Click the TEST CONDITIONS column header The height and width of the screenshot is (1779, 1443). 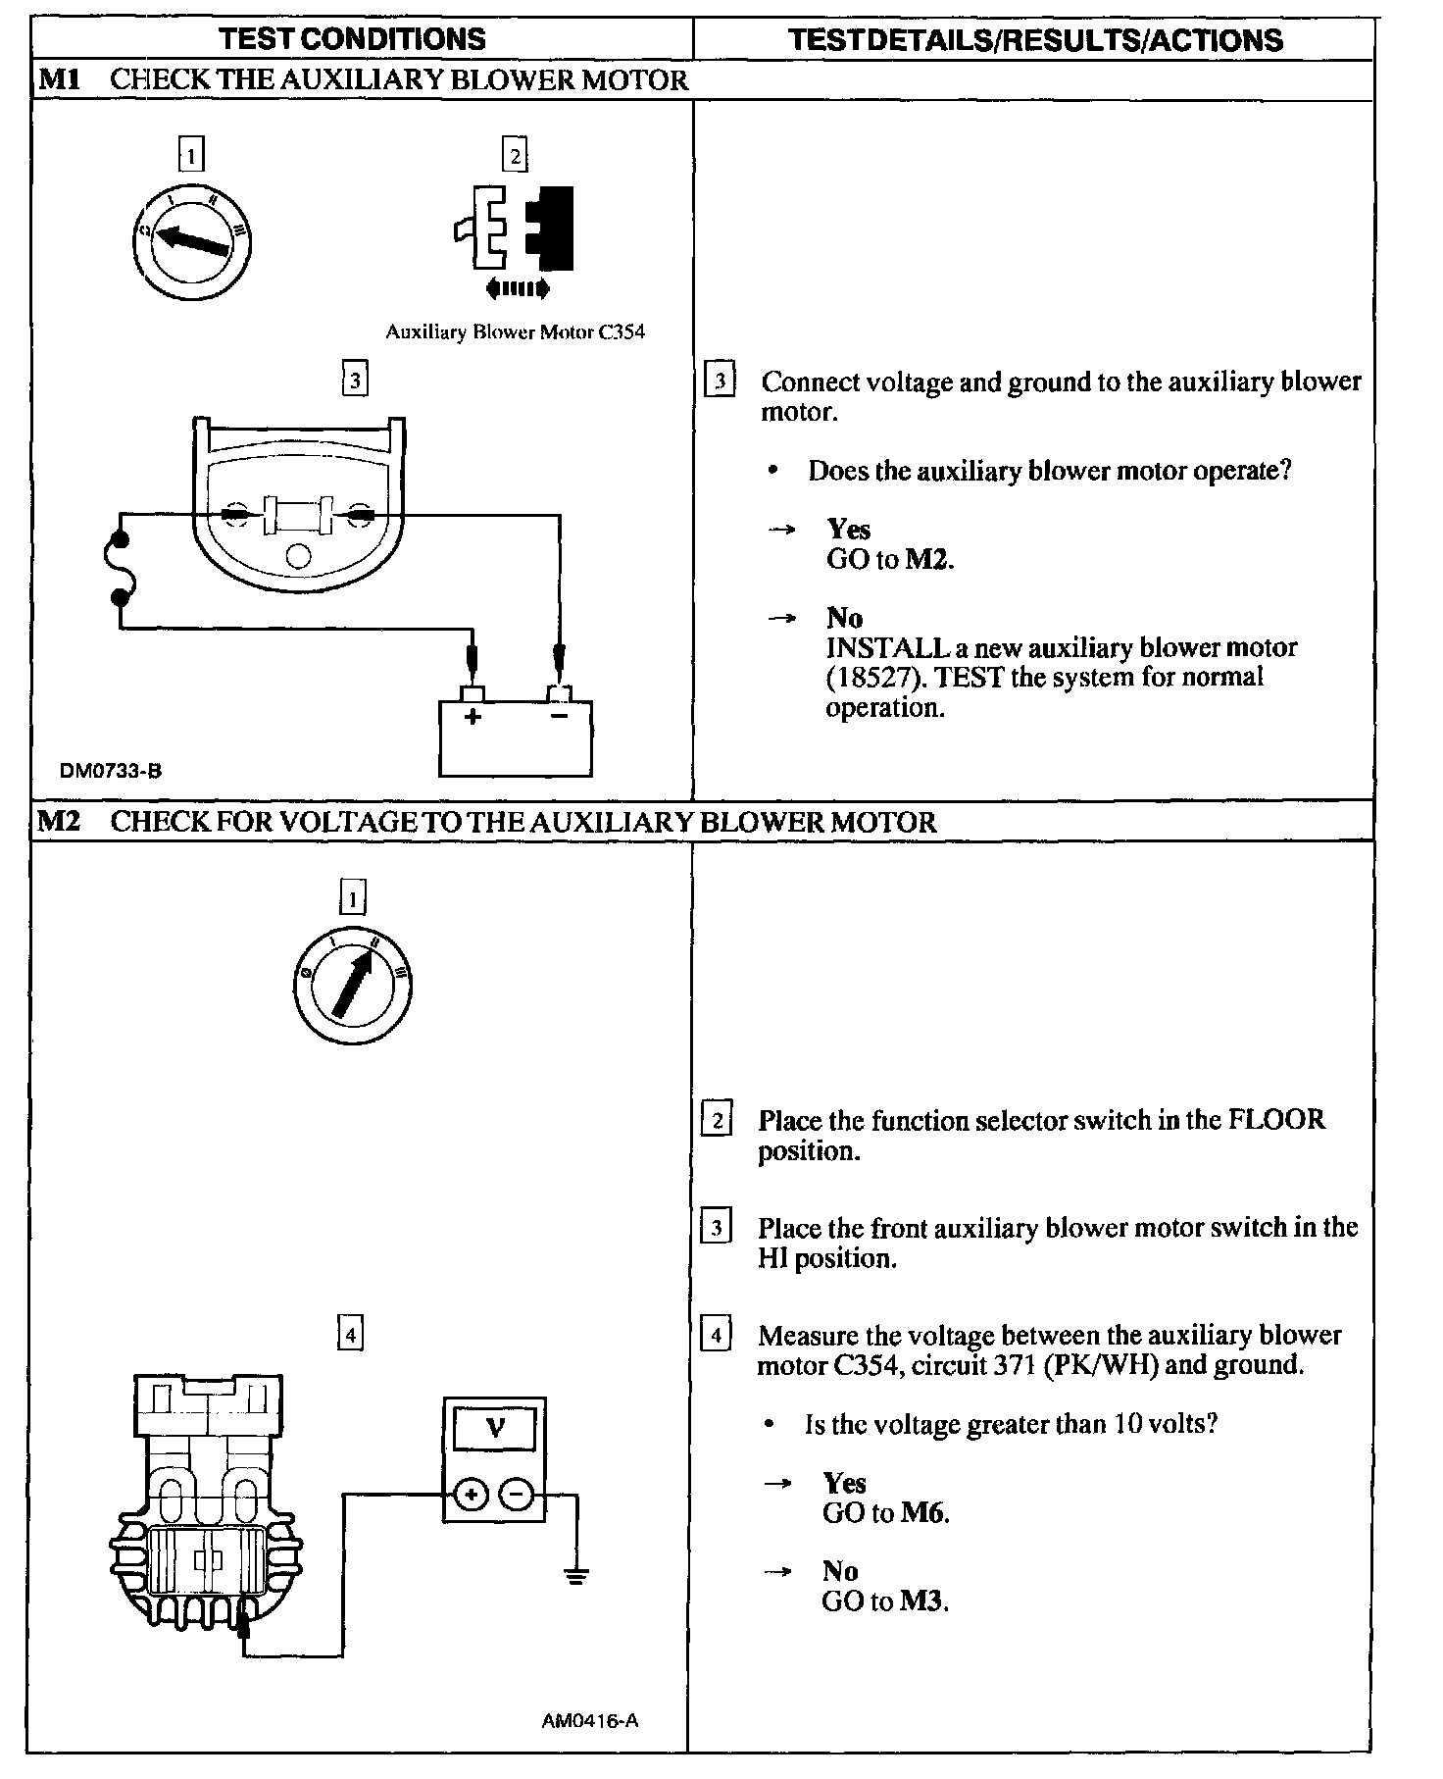click(x=352, y=39)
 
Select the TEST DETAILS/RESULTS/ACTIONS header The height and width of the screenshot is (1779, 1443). click(x=1035, y=39)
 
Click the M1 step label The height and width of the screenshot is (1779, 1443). click(x=58, y=79)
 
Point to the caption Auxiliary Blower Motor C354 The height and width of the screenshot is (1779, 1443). click(x=515, y=331)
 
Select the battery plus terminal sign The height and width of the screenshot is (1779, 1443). click(x=473, y=717)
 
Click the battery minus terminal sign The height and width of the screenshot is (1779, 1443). click(x=559, y=717)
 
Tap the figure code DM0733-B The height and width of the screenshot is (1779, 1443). click(x=111, y=771)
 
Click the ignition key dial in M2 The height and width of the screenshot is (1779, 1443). click(x=352, y=985)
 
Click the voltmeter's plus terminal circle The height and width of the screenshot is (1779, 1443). click(x=472, y=1495)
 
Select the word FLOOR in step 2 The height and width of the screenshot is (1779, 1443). click(x=1276, y=1120)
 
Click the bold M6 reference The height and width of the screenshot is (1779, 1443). click(x=924, y=1512)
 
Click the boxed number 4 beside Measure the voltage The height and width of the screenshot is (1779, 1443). click(x=717, y=1336)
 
